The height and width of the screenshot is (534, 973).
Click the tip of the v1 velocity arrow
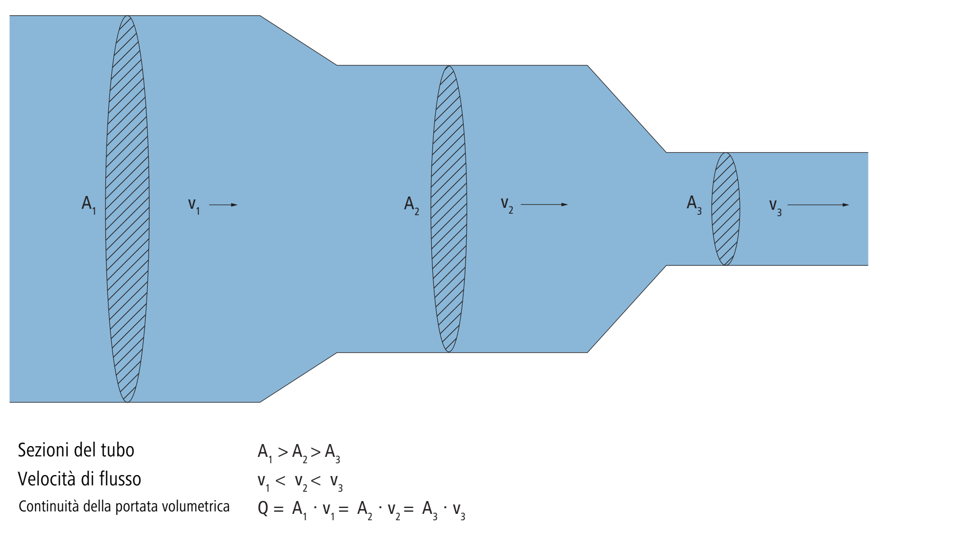point(237,205)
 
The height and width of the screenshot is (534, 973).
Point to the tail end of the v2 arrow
point(521,204)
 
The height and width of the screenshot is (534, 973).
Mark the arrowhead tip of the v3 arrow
point(849,205)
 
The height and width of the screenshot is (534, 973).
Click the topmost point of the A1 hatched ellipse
point(128,16)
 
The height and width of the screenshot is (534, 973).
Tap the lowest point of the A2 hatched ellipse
point(449,352)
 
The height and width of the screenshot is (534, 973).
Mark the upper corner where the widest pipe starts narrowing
point(260,16)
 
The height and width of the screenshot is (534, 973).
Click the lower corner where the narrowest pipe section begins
point(666,265)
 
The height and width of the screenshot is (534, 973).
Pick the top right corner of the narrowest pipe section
point(868,153)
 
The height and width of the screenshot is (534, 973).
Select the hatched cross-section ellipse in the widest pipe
point(128,209)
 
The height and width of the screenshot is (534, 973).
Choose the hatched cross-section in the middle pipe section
point(449,209)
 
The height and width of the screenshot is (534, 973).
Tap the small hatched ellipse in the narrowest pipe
point(726,209)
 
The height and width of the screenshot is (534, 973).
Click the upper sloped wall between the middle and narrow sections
point(627,109)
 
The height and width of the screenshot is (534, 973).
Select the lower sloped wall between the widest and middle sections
point(298,377)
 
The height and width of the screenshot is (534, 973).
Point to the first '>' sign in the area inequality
point(283,452)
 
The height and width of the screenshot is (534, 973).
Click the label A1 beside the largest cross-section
point(89,204)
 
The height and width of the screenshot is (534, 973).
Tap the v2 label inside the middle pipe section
point(507,205)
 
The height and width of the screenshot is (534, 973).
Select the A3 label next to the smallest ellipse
point(694,204)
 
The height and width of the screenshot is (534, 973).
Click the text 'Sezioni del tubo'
point(76,450)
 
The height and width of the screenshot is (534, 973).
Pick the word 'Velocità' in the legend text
point(49,478)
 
